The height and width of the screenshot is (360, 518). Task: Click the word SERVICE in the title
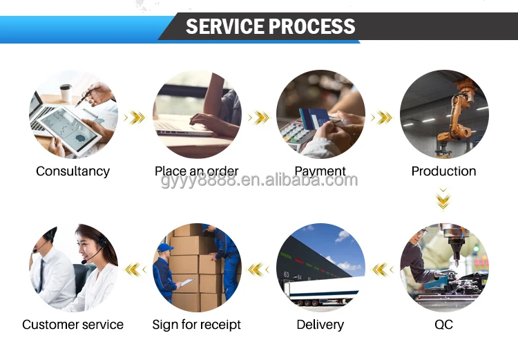pyautogui.click(x=225, y=27)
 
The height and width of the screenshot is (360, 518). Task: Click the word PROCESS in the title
pyautogui.click(x=313, y=27)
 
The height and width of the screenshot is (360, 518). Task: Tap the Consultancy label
pyautogui.click(x=73, y=171)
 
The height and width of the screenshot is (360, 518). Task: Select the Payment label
pyautogui.click(x=320, y=171)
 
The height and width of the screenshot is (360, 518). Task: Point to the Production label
pyautogui.click(x=443, y=171)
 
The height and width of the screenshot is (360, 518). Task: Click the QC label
pyautogui.click(x=443, y=324)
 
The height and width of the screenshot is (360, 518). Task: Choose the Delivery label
pyautogui.click(x=320, y=324)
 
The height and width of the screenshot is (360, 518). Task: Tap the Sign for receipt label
pyautogui.click(x=197, y=324)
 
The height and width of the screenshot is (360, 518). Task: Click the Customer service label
pyautogui.click(x=73, y=324)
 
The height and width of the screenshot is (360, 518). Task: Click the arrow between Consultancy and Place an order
pyautogui.click(x=135, y=117)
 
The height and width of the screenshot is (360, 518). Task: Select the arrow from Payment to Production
pyautogui.click(x=382, y=117)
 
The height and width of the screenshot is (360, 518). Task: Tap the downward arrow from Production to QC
pyautogui.click(x=443, y=200)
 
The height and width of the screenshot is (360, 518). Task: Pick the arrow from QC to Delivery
pyautogui.click(x=382, y=269)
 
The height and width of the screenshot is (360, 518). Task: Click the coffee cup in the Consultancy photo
pyautogui.click(x=66, y=93)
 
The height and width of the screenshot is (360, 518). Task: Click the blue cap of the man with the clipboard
pyautogui.click(x=164, y=247)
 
